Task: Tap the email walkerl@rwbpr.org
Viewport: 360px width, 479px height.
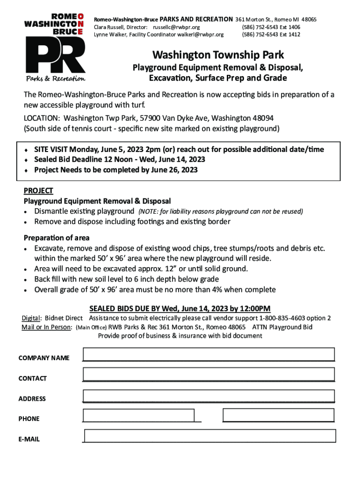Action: [201, 35]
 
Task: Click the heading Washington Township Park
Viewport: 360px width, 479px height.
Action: [218, 56]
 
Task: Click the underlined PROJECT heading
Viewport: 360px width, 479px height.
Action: [38, 191]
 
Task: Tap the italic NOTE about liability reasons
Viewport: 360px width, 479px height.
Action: [220, 212]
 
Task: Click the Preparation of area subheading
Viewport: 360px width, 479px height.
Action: [57, 238]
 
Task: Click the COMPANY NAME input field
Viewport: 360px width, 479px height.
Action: [209, 355]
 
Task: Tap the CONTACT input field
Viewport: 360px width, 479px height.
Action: [209, 375]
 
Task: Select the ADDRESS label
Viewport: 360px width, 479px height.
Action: [32, 399]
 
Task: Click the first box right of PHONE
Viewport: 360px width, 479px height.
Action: [139, 415]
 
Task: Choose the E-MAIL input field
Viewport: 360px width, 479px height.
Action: [209, 436]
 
